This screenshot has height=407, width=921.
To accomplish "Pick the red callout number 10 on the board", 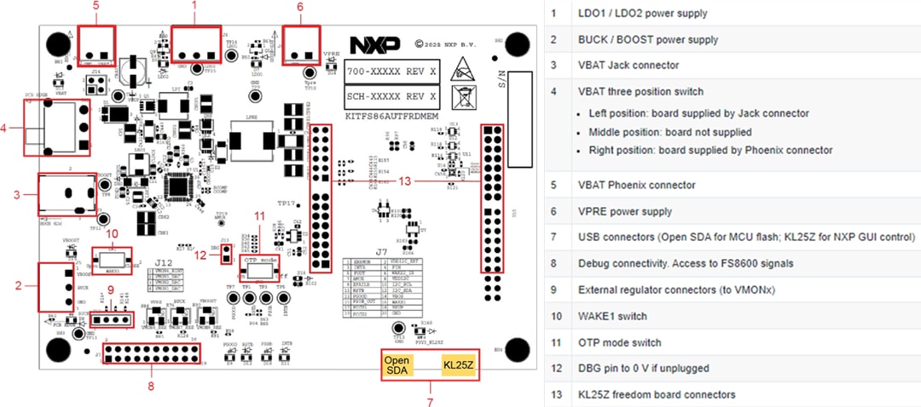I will (x=111, y=233).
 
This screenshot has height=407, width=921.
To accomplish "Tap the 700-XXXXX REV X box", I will (x=391, y=73).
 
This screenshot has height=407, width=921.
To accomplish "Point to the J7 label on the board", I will (x=381, y=252).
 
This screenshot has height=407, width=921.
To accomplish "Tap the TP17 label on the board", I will (x=287, y=205).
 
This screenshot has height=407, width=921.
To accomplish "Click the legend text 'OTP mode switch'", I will (x=619, y=342).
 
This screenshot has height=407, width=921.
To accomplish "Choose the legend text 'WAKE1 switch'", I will (x=613, y=316).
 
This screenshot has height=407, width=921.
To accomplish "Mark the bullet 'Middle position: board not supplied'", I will (x=670, y=132).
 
